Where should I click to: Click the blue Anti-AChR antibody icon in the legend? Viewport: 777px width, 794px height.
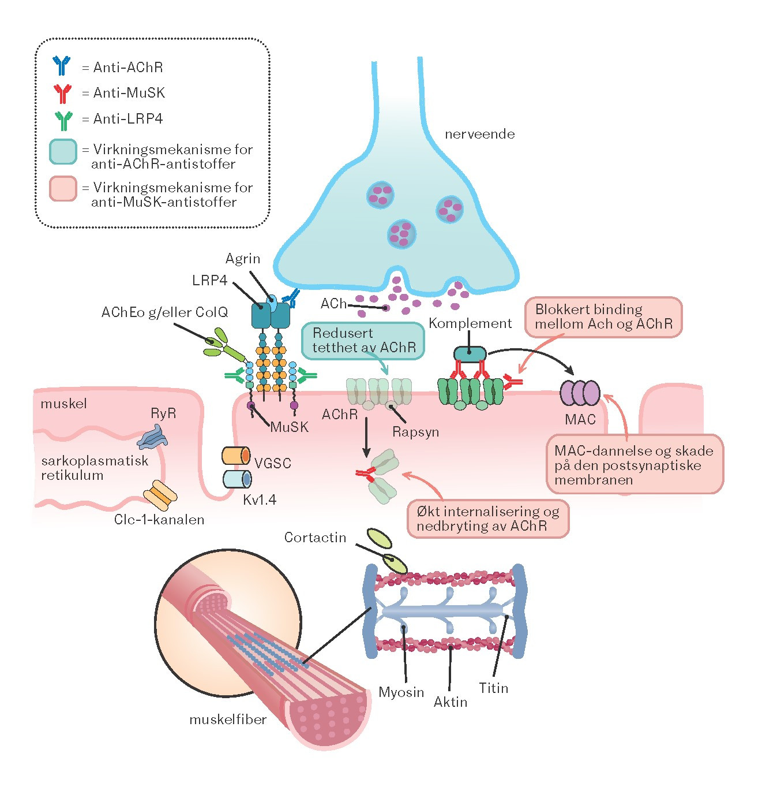point(61,66)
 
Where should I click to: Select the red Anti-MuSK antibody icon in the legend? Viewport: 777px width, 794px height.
point(63,94)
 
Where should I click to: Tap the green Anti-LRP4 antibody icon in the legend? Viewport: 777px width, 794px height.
point(64,121)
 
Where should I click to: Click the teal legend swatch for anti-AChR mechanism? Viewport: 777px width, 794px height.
point(63,152)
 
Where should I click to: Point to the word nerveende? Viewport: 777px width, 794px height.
point(479,135)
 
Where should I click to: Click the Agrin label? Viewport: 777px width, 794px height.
point(242,259)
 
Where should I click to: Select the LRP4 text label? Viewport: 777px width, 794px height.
point(209,281)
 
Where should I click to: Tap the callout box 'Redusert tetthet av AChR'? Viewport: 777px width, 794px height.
point(363,341)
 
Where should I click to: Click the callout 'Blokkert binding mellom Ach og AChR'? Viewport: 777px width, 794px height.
point(603,317)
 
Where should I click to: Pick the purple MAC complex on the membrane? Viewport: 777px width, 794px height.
point(580,393)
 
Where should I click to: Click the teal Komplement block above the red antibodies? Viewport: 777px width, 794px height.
point(470,354)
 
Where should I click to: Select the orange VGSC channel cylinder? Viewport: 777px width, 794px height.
point(236,456)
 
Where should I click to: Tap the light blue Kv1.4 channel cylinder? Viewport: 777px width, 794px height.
point(237,479)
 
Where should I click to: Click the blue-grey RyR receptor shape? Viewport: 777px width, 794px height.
point(152,438)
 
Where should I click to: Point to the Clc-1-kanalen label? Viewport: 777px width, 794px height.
point(159,520)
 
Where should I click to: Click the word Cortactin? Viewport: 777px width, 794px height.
point(315,537)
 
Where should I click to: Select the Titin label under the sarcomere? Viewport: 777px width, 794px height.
point(493,688)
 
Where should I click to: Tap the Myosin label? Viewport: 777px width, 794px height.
point(401,692)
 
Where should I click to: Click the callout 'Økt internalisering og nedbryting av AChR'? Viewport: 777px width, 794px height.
point(488,519)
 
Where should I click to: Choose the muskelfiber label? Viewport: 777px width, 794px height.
point(228,720)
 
